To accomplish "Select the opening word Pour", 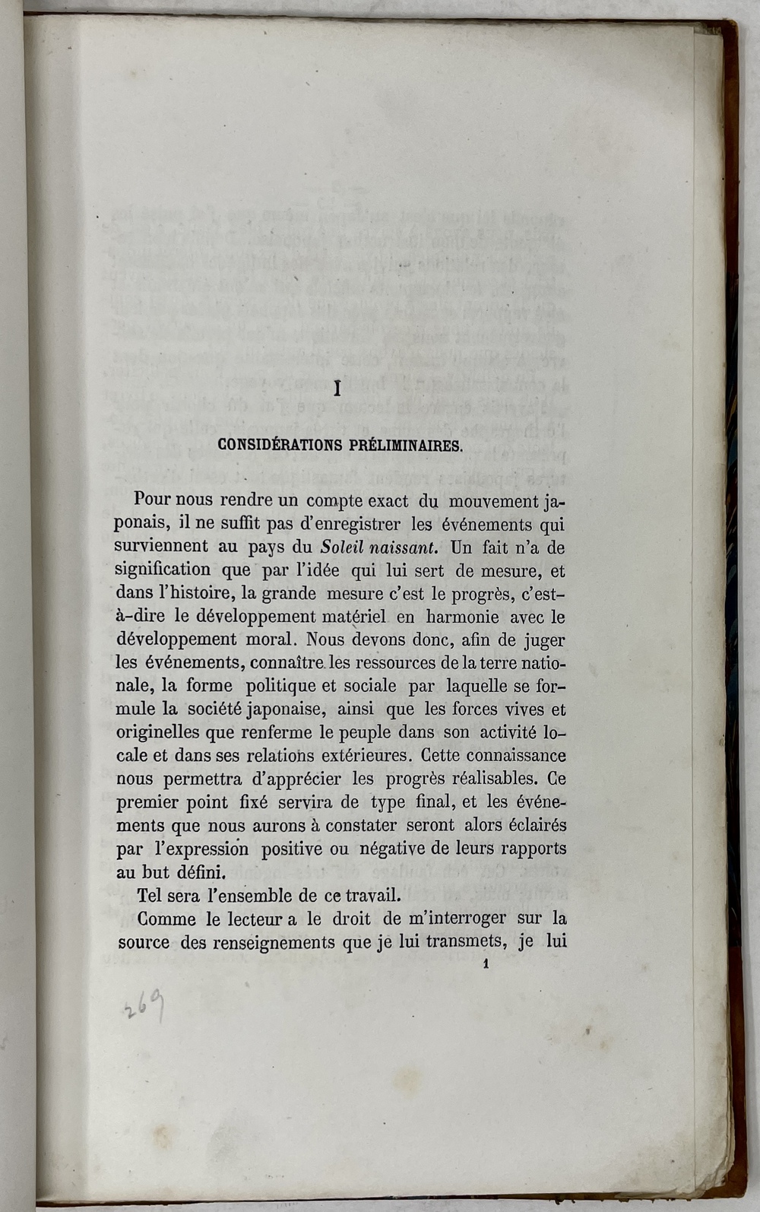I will coord(153,501).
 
